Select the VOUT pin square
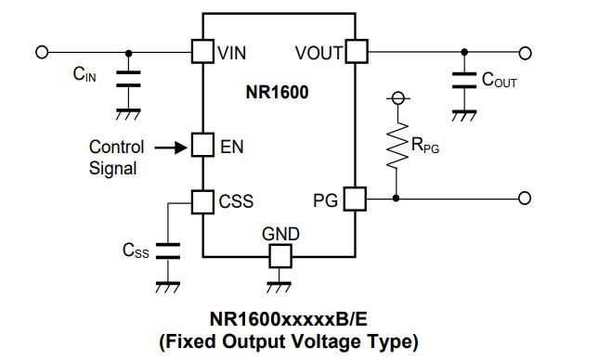[356, 51]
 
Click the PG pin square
[356, 198]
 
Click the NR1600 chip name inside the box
[279, 93]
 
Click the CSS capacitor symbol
[168, 250]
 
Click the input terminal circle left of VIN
[41, 51]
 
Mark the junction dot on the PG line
[397, 198]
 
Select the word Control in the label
[116, 147]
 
